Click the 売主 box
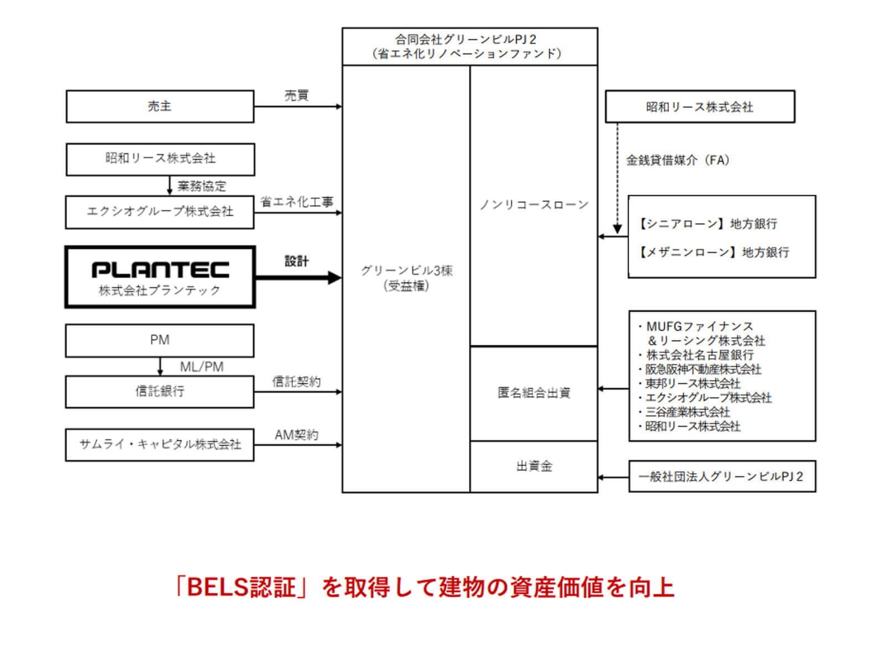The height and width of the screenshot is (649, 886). pos(160,106)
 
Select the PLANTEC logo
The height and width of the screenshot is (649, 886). pos(160,270)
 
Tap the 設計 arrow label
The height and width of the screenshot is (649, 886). pos(296,261)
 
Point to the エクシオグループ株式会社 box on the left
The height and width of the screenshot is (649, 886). pos(160,212)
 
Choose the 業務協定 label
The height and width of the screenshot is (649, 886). pos(202,186)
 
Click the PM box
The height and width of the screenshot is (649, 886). pos(160,340)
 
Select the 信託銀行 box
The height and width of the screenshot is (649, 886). pos(160,392)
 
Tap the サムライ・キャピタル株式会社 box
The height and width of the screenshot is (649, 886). pos(160,444)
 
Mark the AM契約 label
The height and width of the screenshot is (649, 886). pos(296,435)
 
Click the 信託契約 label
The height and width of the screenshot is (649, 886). pos(296,382)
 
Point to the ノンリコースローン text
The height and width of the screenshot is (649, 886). pos(534,205)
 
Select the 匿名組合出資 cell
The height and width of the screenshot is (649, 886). pos(534,393)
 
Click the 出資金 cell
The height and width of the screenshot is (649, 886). pos(534,466)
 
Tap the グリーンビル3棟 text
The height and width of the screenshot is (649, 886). pos(406,270)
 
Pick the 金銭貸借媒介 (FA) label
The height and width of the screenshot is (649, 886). pos(677,161)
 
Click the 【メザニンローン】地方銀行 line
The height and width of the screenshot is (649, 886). pos(714,253)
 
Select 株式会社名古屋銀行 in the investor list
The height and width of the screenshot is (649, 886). pos(699,355)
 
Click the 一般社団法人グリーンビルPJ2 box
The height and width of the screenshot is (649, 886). pos(722,476)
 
